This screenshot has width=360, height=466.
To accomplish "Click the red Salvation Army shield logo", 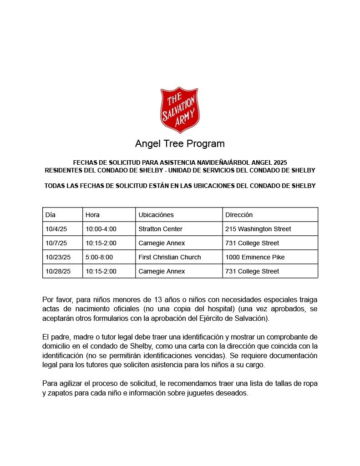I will click(180, 110).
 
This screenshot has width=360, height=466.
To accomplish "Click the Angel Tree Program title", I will click(180, 144).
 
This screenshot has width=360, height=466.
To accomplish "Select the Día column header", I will click(51, 215).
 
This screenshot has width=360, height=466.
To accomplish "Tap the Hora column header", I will click(92, 215).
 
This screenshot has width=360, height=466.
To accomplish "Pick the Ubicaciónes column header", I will click(156, 215).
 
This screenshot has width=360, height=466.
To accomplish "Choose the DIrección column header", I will click(239, 215).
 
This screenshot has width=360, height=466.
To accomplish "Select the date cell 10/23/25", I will click(58, 257).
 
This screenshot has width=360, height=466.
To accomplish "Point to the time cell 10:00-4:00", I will click(101, 229).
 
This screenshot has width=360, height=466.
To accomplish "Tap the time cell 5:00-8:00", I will click(99, 257).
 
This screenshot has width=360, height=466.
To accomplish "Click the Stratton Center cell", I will click(160, 229).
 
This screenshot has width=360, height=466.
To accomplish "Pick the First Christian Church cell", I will click(169, 257).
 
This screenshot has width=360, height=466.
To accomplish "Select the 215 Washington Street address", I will click(258, 229).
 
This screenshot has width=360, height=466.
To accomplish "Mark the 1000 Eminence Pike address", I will click(255, 257).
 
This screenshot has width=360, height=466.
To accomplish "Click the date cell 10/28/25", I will click(58, 271).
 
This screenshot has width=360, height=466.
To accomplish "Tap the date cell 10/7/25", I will click(56, 243).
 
